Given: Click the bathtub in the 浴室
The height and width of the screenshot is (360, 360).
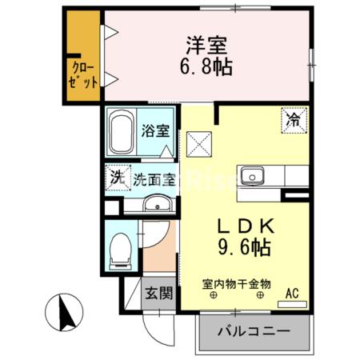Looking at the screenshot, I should click(122, 133).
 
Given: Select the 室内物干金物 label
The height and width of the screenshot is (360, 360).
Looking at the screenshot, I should click(237, 283).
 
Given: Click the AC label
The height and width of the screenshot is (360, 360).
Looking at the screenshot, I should click(294, 294).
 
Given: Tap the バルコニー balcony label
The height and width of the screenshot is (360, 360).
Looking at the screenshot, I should click(250, 331).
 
